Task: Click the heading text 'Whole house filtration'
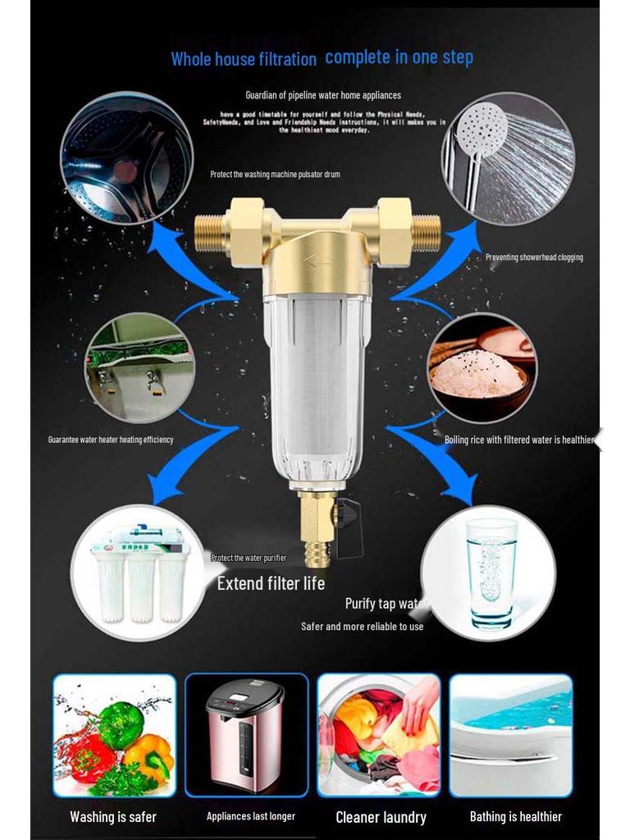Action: [x=243, y=59]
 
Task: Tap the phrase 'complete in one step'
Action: [x=399, y=57]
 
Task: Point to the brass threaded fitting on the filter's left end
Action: [x=211, y=232]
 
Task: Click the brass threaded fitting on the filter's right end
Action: [x=425, y=231]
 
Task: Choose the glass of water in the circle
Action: [x=491, y=571]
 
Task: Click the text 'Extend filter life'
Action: [x=271, y=583]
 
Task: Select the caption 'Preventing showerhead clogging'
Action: [x=534, y=258]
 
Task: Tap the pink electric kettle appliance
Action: [x=245, y=734]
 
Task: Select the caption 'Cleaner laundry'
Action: [x=381, y=817]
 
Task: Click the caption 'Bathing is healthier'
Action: [x=515, y=816]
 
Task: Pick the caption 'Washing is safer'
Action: [x=113, y=817]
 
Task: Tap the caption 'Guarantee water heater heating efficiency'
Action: [x=111, y=440]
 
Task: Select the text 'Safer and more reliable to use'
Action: [x=362, y=627]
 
